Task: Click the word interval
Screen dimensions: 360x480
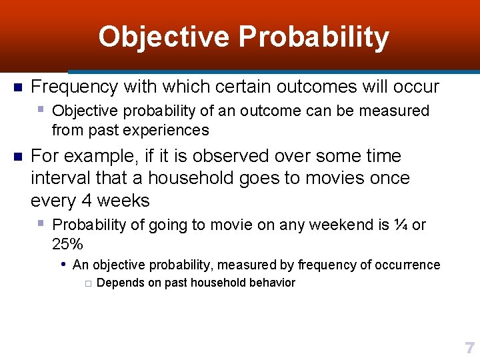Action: point(57,178)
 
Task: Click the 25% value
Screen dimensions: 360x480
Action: point(67,243)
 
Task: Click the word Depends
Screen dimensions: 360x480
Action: point(119,283)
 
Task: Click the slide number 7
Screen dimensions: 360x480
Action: point(469,347)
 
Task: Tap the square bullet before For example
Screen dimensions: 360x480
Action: point(18,157)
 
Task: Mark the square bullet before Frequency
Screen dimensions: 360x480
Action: point(18,87)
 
